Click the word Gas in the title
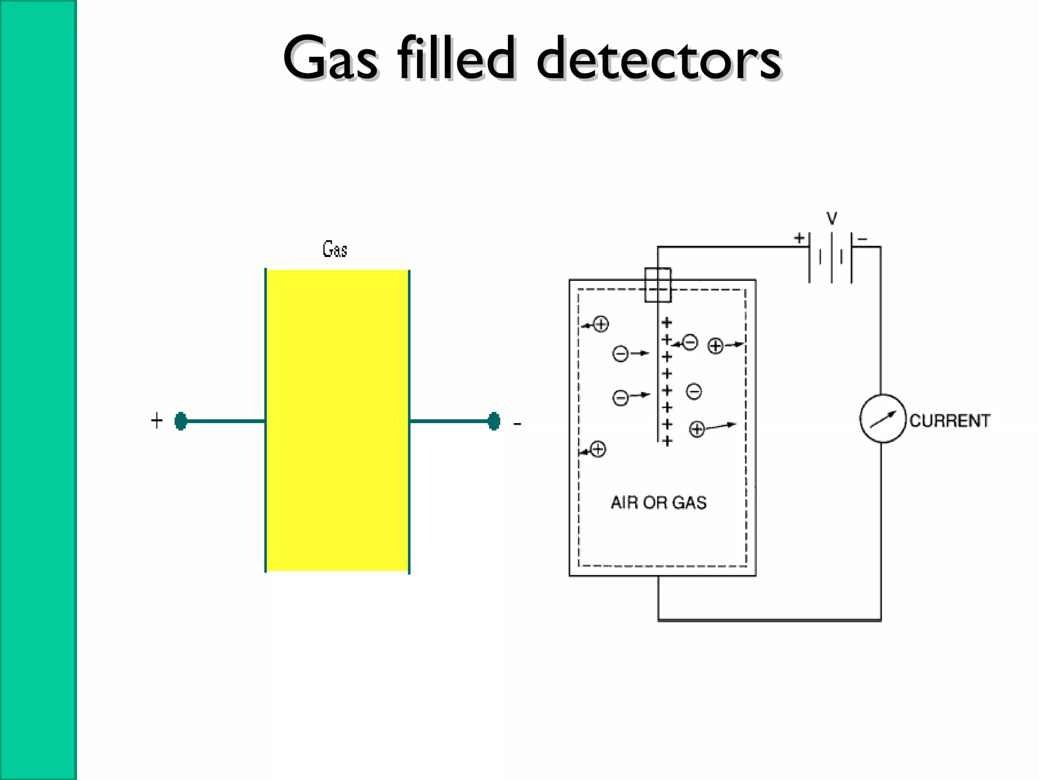(x=330, y=58)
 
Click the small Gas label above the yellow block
(x=335, y=249)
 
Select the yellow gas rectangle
(x=337, y=420)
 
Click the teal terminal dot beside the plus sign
(x=181, y=421)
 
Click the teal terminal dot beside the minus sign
(x=494, y=421)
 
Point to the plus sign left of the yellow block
(x=157, y=420)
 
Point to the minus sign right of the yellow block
(x=517, y=424)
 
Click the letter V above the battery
(x=832, y=218)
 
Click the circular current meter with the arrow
(x=883, y=418)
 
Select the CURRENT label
(x=949, y=420)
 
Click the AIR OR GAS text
(x=659, y=502)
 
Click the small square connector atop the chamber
(x=657, y=285)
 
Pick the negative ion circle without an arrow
(x=694, y=392)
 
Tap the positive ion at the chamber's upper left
(x=601, y=324)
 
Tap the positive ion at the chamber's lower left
(x=598, y=449)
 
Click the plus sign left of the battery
(x=799, y=238)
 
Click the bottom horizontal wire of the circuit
(x=769, y=620)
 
